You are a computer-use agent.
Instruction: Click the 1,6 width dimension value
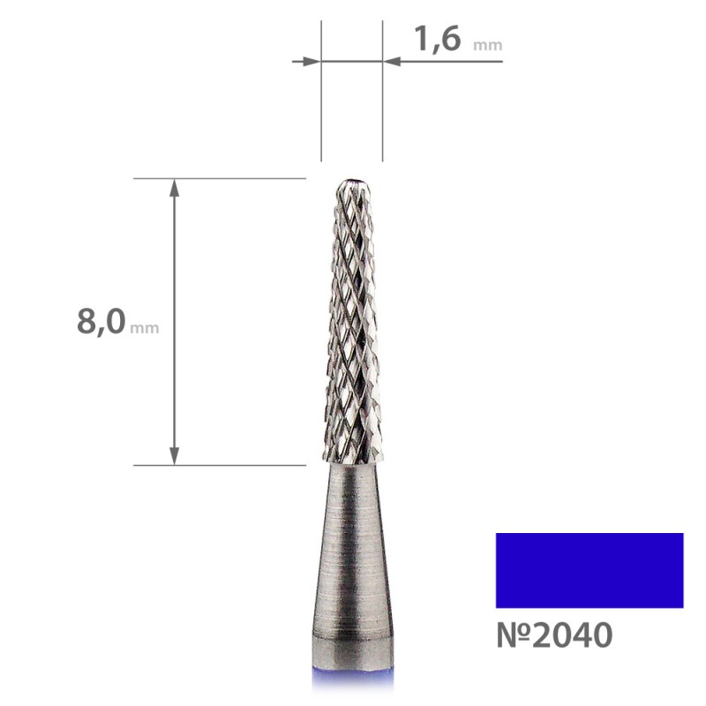click(437, 40)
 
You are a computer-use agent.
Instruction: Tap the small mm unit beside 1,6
click(488, 46)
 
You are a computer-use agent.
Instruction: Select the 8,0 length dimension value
click(101, 322)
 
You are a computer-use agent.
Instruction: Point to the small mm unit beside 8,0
click(144, 327)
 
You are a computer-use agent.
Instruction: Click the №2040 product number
click(554, 635)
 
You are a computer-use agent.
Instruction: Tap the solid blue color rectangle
click(590, 570)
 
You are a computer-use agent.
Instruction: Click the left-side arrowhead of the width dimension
click(312, 61)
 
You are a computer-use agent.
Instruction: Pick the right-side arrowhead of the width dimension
click(392, 61)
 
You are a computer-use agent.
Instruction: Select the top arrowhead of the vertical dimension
click(174, 188)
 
